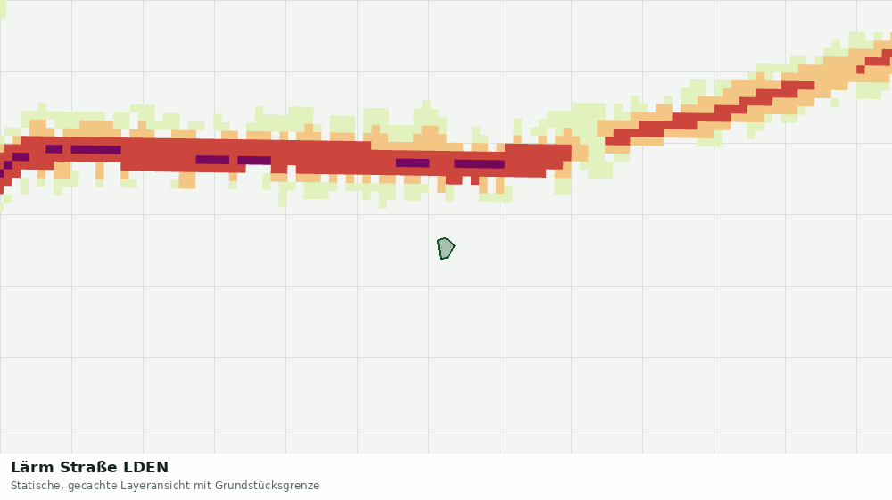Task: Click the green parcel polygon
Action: (x=445, y=249)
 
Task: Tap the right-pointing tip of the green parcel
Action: (x=455, y=247)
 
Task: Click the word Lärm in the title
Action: (x=32, y=467)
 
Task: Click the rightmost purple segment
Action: (x=480, y=164)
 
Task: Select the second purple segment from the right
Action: (x=412, y=162)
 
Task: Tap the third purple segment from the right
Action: (x=254, y=161)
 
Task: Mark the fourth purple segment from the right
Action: (x=212, y=160)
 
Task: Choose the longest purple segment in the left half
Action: (x=95, y=150)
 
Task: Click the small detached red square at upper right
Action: (x=861, y=70)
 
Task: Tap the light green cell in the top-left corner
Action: (x=3, y=9)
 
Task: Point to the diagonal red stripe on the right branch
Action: (x=710, y=113)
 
